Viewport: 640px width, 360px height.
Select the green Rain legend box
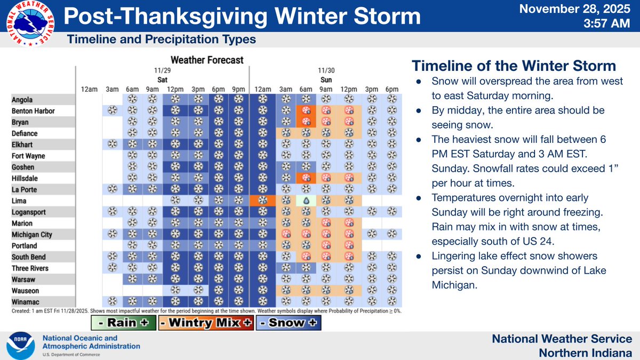[123, 322]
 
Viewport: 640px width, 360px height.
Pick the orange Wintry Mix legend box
[205, 322]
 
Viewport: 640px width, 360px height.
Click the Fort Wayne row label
[29, 156]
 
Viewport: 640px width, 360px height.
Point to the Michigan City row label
[32, 235]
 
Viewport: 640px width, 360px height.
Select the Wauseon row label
[26, 291]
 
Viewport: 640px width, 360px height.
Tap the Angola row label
[23, 100]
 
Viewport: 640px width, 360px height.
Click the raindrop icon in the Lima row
[306, 201]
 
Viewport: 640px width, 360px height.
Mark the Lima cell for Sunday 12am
[262, 201]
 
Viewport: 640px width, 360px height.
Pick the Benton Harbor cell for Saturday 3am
[113, 111]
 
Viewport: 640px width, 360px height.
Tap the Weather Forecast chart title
[207, 60]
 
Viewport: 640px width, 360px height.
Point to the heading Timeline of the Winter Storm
[514, 66]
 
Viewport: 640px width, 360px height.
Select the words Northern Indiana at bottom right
[585, 353]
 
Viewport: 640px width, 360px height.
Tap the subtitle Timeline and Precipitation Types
[161, 39]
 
